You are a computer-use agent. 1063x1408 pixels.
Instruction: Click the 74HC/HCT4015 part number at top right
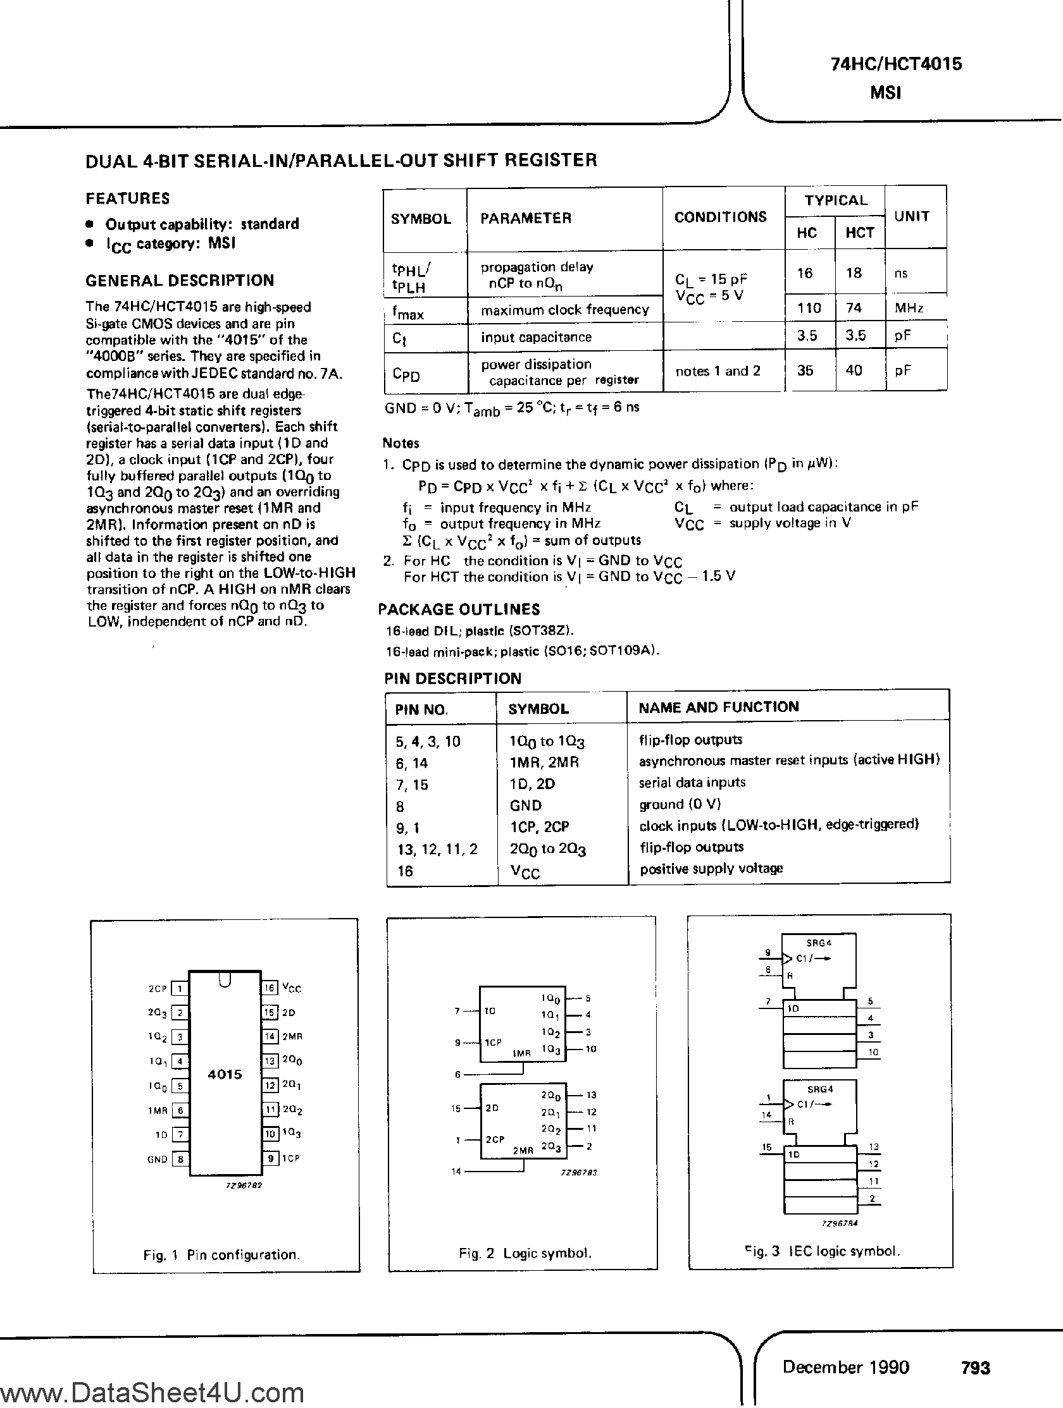pyautogui.click(x=896, y=64)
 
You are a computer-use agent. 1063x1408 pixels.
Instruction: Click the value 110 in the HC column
pyautogui.click(x=809, y=308)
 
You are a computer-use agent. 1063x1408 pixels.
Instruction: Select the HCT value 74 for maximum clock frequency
pyautogui.click(x=854, y=308)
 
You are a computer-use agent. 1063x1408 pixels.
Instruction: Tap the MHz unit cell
pyautogui.click(x=909, y=308)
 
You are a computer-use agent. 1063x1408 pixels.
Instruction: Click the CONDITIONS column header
pyautogui.click(x=719, y=217)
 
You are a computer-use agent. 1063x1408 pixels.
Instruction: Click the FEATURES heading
pyautogui.click(x=127, y=199)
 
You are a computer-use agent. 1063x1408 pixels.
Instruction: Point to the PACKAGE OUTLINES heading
pyautogui.click(x=459, y=609)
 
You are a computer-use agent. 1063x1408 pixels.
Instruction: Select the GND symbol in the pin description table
pyautogui.click(x=525, y=805)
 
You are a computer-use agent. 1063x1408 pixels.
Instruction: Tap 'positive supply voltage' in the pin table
pyautogui.click(x=711, y=869)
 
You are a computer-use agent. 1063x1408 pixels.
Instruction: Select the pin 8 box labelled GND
pyautogui.click(x=180, y=1159)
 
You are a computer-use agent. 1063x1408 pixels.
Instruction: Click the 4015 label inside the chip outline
pyautogui.click(x=225, y=1074)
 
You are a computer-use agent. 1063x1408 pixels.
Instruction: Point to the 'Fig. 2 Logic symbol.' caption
pyautogui.click(x=525, y=1252)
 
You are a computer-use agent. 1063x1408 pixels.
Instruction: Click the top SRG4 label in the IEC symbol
pyautogui.click(x=819, y=943)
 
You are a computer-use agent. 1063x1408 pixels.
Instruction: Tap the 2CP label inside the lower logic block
pyautogui.click(x=495, y=1139)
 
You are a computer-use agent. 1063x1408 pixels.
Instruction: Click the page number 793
pyautogui.click(x=976, y=1368)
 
